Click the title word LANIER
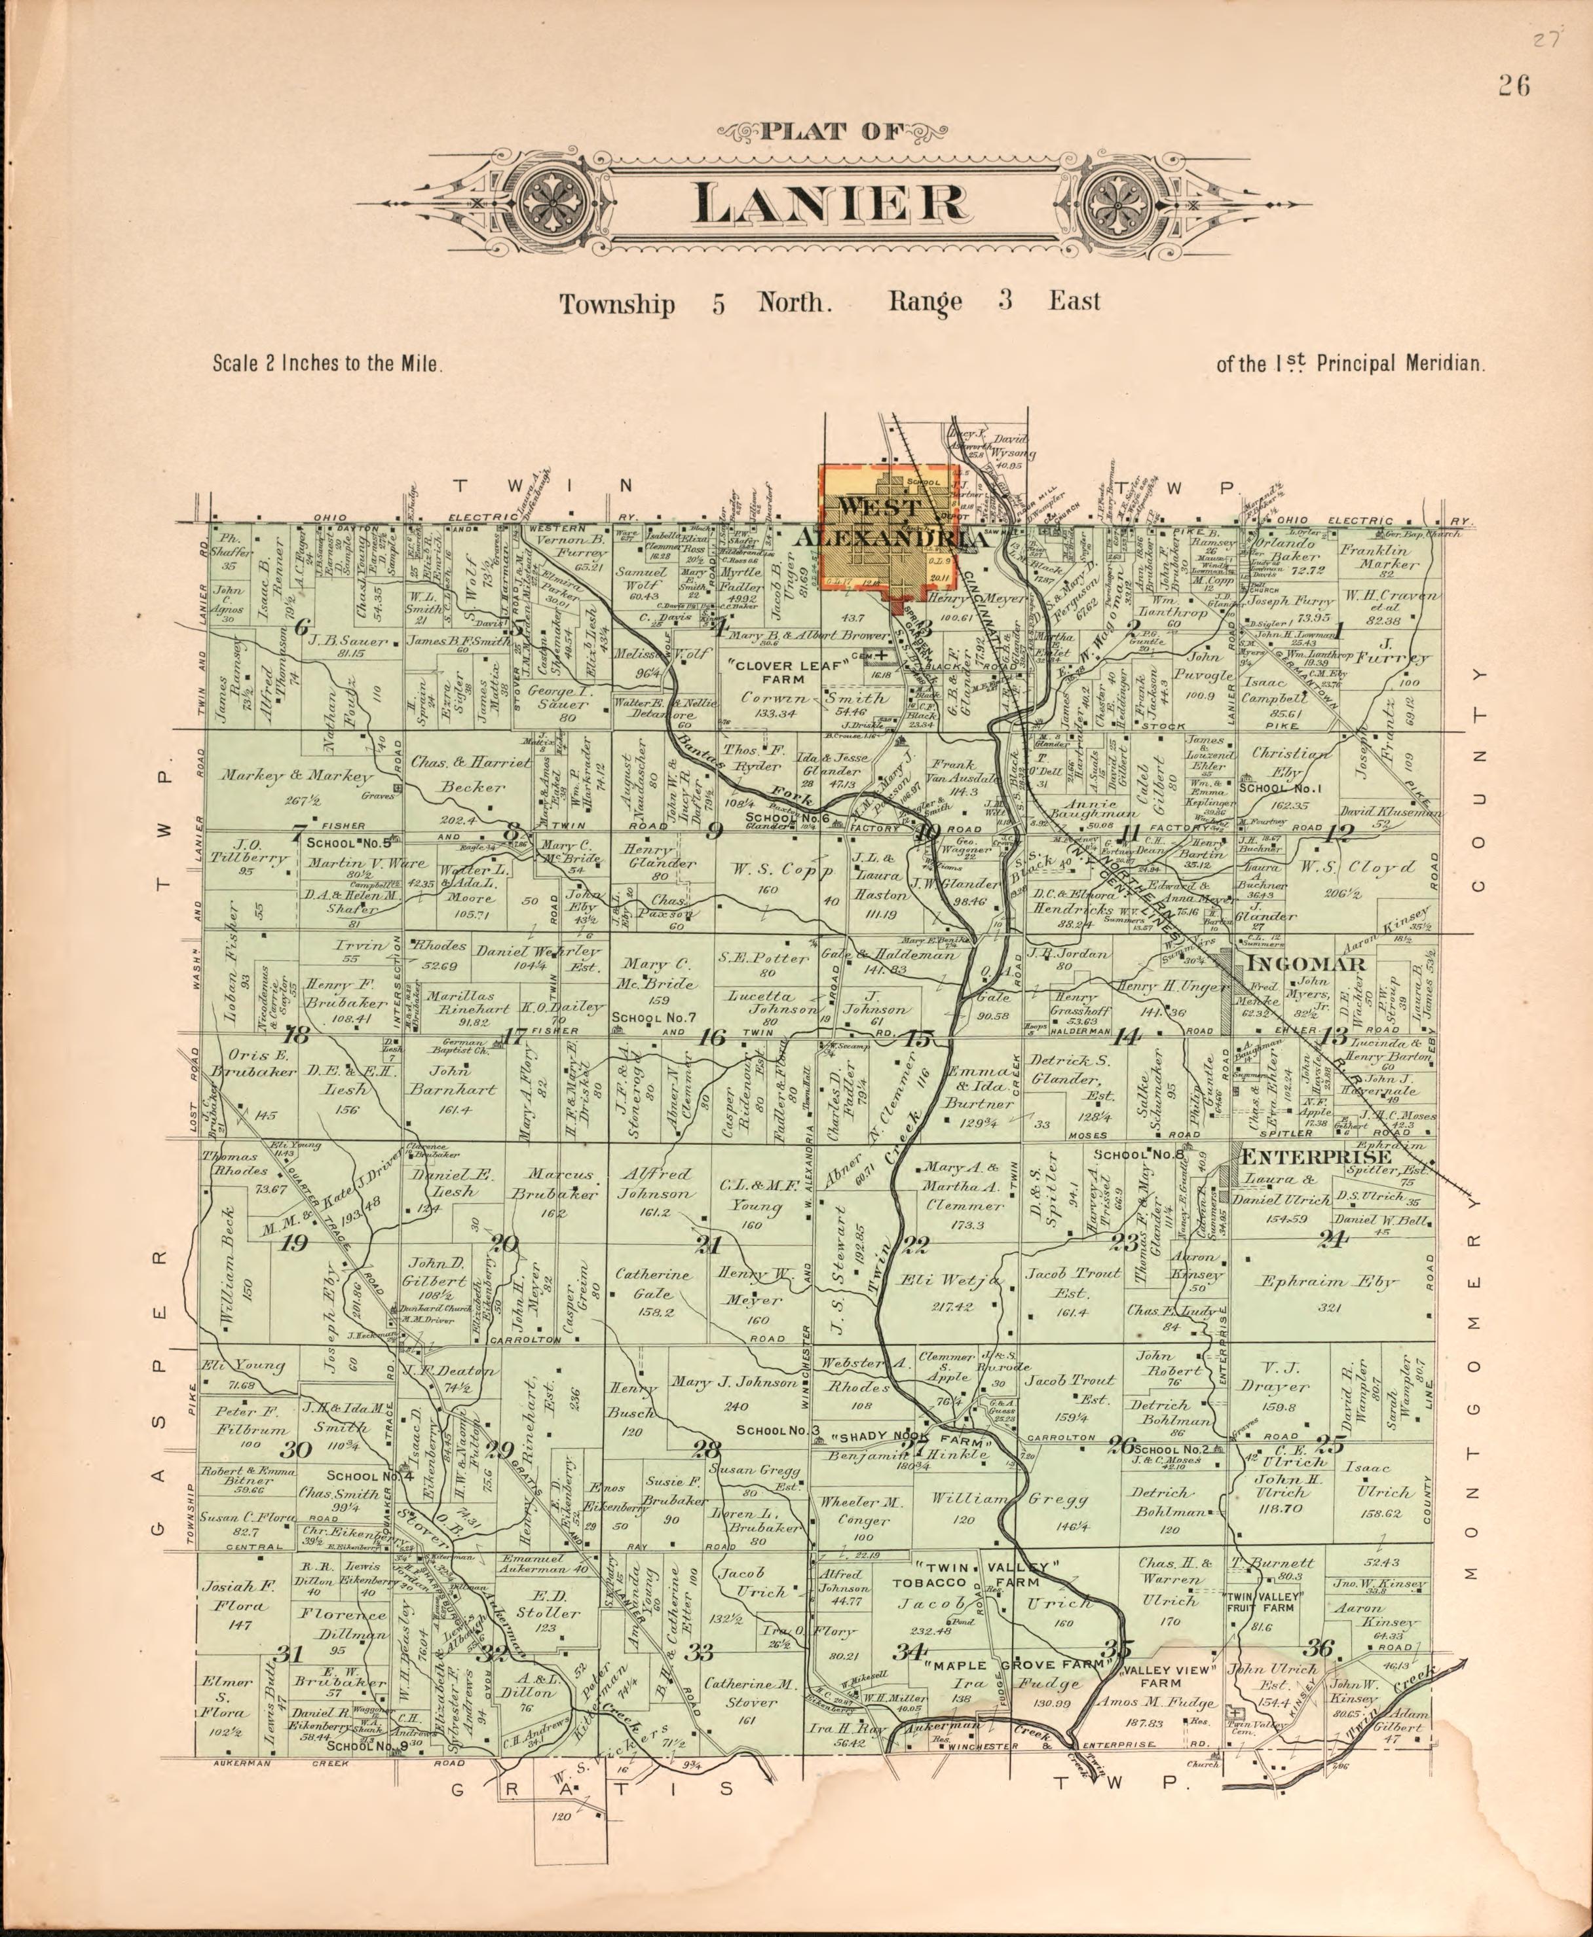click(829, 204)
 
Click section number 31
click(290, 1654)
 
